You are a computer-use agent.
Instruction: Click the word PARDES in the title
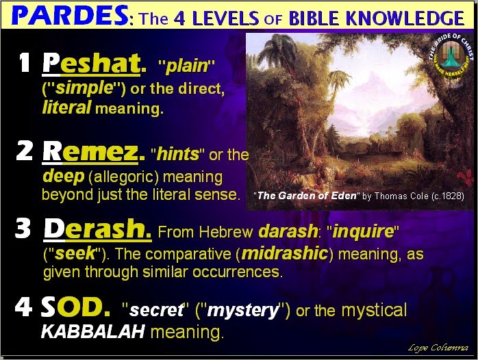coord(69,16)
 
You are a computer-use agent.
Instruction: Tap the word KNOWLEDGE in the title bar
coord(405,18)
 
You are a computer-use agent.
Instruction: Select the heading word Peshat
coord(92,64)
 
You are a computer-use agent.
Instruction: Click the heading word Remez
coord(90,152)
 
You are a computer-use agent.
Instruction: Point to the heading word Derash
coord(97,229)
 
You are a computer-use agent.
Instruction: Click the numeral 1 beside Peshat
coord(25,62)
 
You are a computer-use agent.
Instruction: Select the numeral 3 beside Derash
coord(23,228)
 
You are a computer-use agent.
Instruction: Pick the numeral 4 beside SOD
coord(23,306)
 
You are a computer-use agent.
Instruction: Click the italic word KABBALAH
coord(92,331)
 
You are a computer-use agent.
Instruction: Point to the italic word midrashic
coord(285,253)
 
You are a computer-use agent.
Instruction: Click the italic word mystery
coord(243,311)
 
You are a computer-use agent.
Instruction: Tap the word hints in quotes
coord(178,154)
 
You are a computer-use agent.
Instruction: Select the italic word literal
coord(66,107)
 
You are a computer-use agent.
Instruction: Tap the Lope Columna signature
coord(438,348)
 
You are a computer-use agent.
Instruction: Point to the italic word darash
coord(288,231)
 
